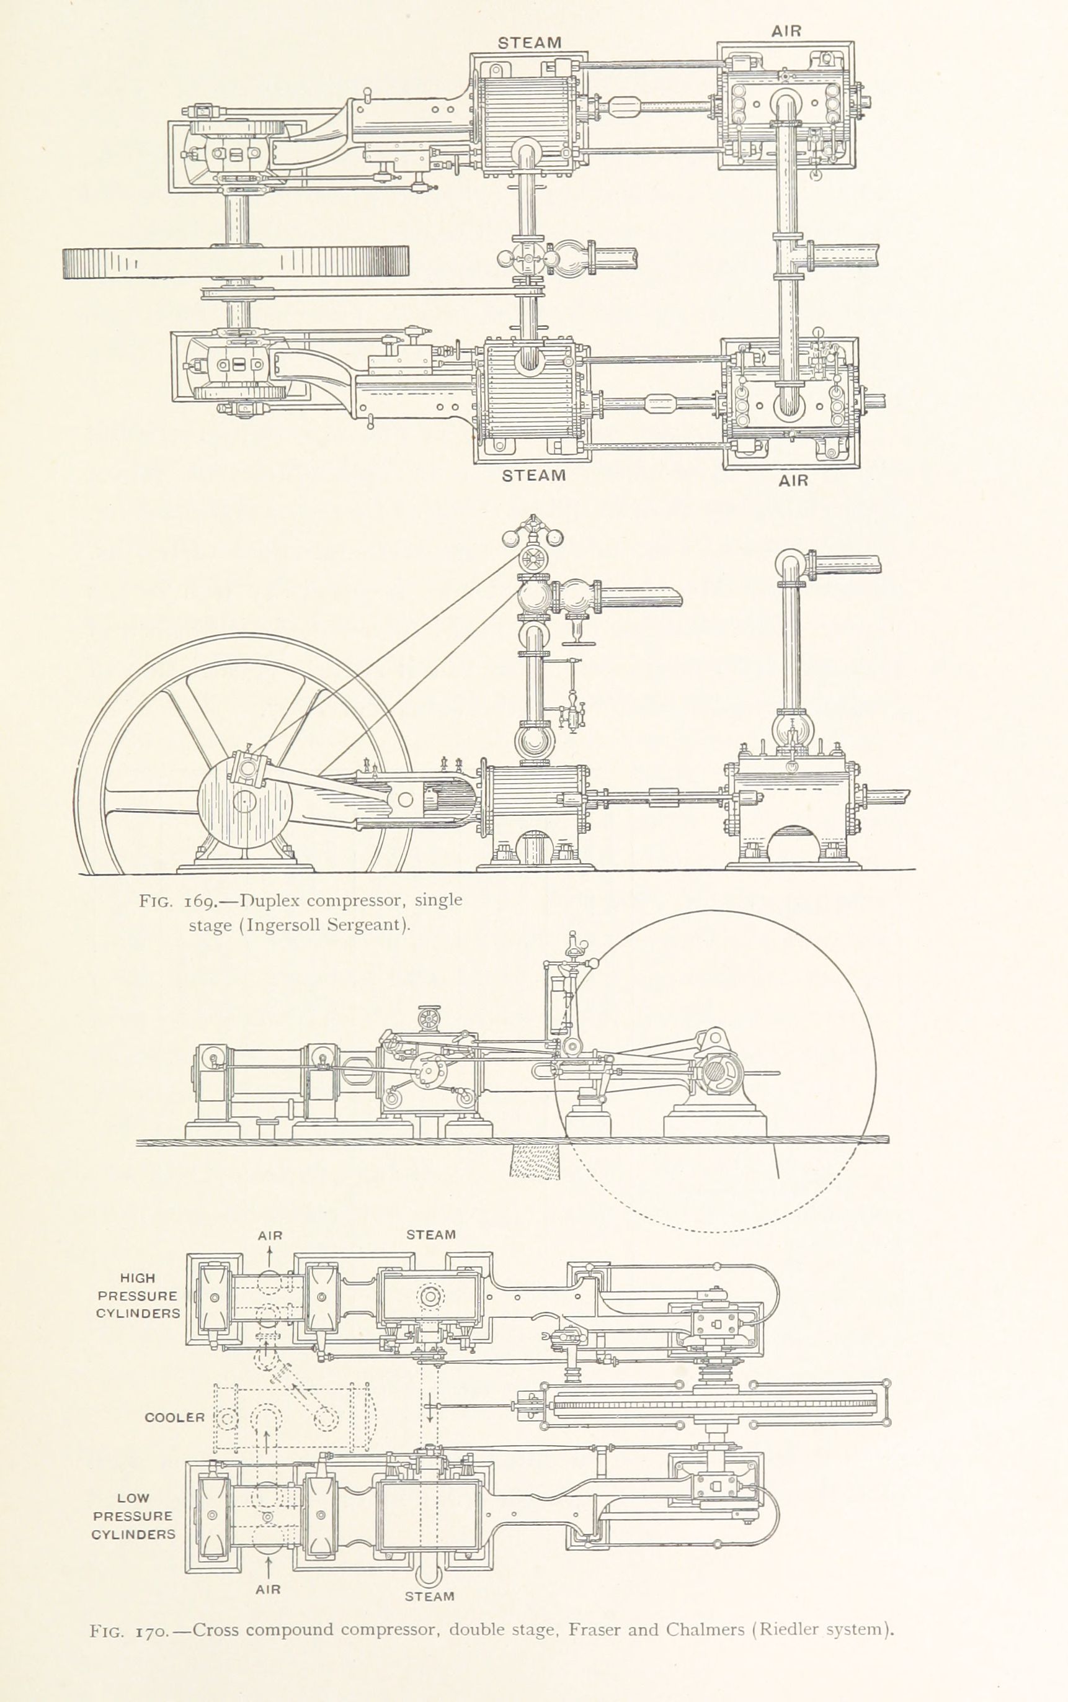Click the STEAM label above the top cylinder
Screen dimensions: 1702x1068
(529, 42)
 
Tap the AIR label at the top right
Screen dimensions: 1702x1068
(786, 31)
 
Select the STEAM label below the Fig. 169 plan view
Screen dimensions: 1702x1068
(534, 475)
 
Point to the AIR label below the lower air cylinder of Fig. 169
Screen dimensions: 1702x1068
(793, 480)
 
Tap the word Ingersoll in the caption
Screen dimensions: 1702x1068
(283, 925)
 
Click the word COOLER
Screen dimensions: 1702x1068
(174, 1417)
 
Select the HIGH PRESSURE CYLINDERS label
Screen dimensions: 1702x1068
(138, 1296)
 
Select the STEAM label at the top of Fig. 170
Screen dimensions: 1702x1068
(431, 1234)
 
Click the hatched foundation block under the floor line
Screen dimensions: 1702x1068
(535, 1162)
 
